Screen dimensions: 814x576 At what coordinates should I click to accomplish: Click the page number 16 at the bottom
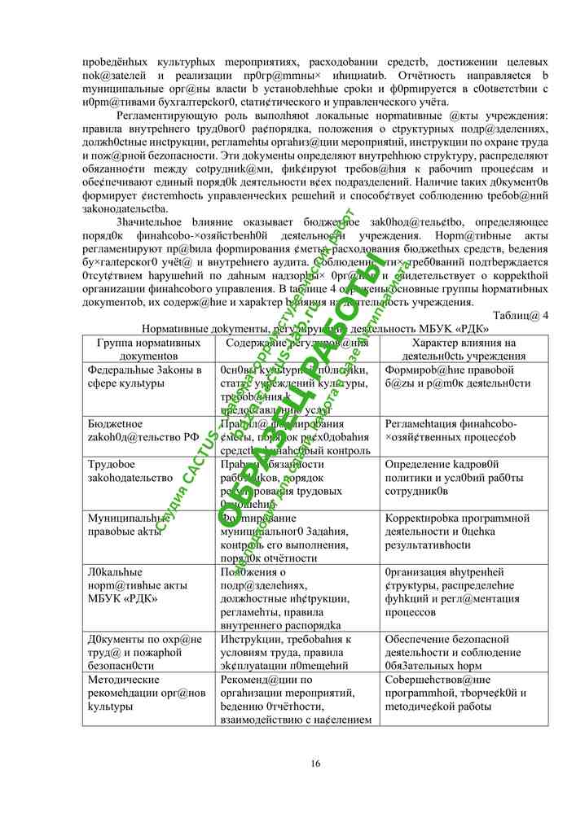(x=315, y=763)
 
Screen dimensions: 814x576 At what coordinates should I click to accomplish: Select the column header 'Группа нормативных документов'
(x=149, y=349)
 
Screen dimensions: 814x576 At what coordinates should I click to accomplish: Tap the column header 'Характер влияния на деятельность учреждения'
(x=463, y=349)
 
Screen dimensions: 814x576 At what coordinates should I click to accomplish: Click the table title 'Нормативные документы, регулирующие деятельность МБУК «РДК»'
(x=315, y=329)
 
